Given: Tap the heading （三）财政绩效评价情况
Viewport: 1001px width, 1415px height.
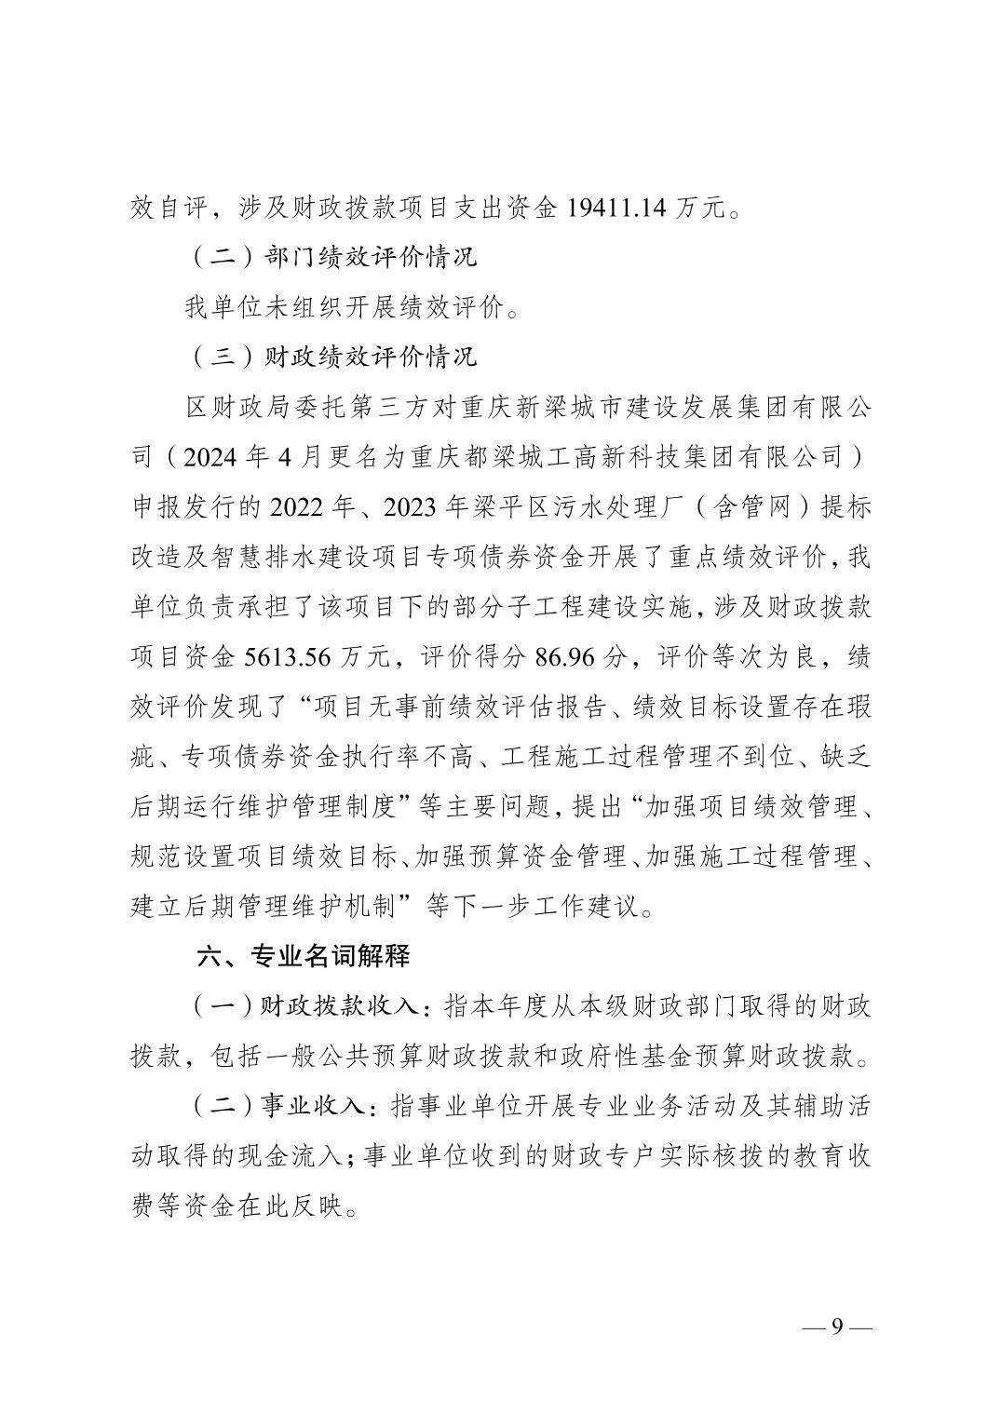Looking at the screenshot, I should [x=331, y=357].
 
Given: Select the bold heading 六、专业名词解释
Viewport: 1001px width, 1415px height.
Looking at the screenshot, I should [x=303, y=956].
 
